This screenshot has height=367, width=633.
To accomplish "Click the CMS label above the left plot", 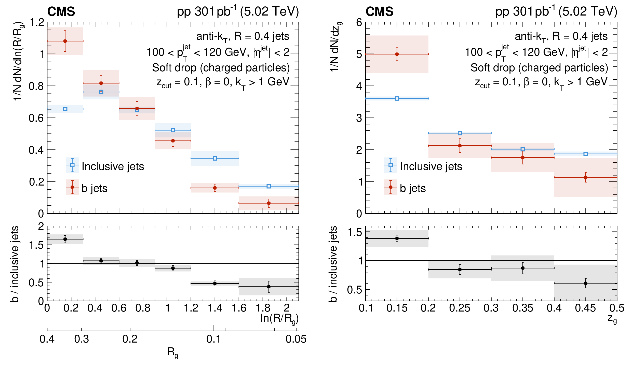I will tap(61, 12).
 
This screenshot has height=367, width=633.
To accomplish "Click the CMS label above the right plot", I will tap(379, 12).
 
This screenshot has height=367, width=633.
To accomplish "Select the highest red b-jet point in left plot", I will tap(65, 41).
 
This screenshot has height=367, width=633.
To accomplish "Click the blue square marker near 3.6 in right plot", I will tap(397, 98).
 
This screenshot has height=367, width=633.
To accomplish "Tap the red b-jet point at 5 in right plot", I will tap(397, 54).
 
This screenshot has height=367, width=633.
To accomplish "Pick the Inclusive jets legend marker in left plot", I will tap(72, 165).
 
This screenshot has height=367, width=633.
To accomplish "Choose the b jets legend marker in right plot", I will tap(390, 187).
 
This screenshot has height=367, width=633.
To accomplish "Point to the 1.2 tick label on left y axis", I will tap(37, 22).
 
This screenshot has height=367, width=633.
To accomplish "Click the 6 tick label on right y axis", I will tap(359, 22).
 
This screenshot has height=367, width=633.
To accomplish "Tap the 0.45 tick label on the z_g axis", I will tap(585, 308).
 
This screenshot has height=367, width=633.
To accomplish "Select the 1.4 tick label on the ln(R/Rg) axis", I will tap(215, 308).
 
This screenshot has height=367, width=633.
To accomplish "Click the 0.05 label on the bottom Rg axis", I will tap(296, 339).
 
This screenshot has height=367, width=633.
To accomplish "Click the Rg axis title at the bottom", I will tap(172, 352).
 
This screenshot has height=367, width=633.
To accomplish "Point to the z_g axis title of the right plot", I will tap(612, 319).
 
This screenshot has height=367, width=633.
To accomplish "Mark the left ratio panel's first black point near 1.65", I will tap(65, 239).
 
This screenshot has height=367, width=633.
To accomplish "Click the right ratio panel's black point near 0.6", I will tap(586, 283).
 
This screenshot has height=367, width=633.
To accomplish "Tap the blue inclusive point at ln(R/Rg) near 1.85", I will tap(269, 186).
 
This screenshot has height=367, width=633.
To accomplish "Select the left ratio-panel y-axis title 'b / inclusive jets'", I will tap(15, 264).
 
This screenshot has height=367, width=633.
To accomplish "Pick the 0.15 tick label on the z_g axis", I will tap(397, 308).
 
